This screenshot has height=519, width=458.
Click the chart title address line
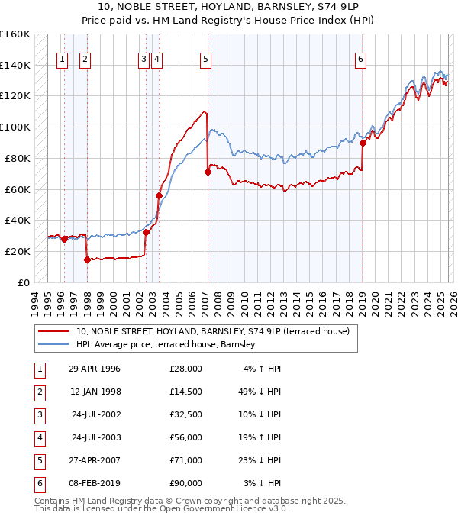click(x=228, y=8)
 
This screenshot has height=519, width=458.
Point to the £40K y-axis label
click(x=18, y=220)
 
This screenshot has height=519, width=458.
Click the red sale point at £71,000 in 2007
click(x=208, y=172)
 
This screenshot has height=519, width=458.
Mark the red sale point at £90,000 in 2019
click(x=363, y=143)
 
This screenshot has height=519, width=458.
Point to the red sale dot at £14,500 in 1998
click(x=87, y=259)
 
